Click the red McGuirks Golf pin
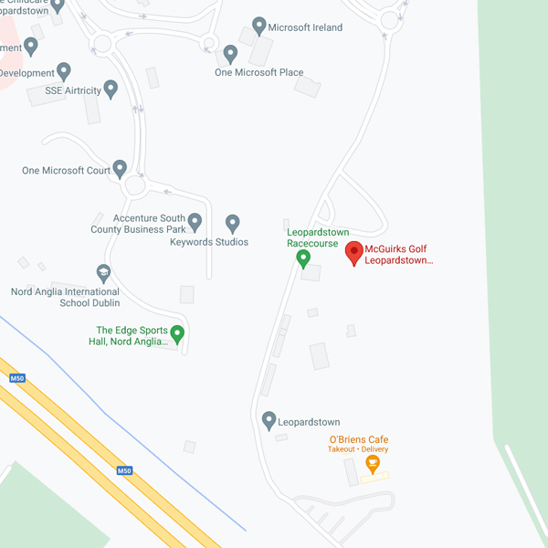tap(353, 253)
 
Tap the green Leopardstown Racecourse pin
tap(304, 258)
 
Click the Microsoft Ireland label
tap(306, 27)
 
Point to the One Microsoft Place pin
tap(231, 54)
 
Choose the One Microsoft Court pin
tap(120, 169)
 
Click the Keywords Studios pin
tap(233, 222)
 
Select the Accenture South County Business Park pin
tap(195, 221)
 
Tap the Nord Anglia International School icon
tap(103, 272)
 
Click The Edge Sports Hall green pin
tap(178, 334)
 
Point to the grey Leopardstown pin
tap(269, 421)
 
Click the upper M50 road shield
tap(16, 378)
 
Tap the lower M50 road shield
tap(124, 470)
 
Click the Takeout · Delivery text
tap(358, 449)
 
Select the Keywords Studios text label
tap(209, 242)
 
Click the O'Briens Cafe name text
tap(358, 439)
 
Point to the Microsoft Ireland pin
tap(259, 26)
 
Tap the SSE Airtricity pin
tap(111, 90)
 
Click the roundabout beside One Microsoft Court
tap(136, 186)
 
